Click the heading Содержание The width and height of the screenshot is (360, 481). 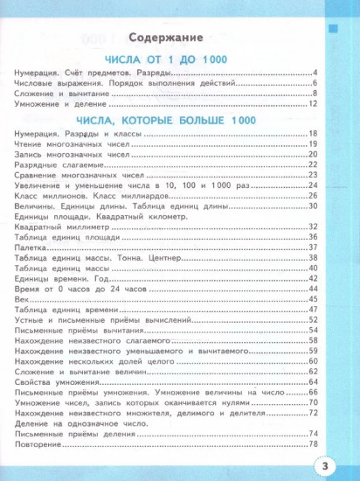point(165,39)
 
